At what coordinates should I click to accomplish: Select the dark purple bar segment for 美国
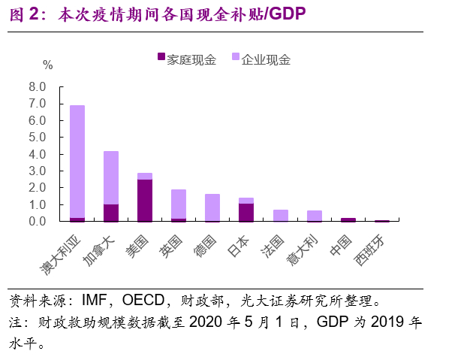pyautogui.click(x=145, y=200)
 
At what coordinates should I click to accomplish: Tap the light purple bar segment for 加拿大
pyautogui.click(x=111, y=177)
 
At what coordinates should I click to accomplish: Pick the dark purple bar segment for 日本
pyautogui.click(x=246, y=212)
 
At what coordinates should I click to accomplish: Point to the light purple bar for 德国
pyautogui.click(x=212, y=207)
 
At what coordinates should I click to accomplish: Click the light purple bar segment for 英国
pyautogui.click(x=179, y=204)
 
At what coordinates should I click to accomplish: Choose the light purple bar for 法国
pyautogui.click(x=280, y=215)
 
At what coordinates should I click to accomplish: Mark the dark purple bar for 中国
pyautogui.click(x=348, y=219)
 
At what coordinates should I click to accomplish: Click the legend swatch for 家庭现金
pyautogui.click(x=161, y=58)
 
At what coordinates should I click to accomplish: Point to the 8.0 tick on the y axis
pyautogui.click(x=37, y=86)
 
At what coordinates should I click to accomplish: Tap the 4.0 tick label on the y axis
pyautogui.click(x=37, y=154)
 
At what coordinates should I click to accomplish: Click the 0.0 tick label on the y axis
pyautogui.click(x=37, y=222)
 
